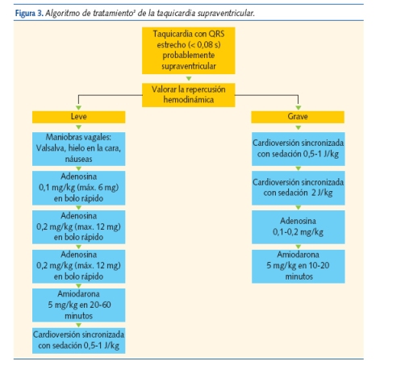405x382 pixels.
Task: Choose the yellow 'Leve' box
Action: tap(79, 117)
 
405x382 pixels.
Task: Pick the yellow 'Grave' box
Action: tap(298, 117)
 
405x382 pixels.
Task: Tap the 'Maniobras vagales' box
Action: tap(79, 148)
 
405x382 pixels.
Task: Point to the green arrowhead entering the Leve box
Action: tap(79, 108)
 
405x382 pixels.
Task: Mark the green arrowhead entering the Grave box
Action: tap(298, 108)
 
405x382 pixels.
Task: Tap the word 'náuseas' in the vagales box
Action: tap(79, 160)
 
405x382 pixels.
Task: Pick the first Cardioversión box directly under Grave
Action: tap(298, 149)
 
